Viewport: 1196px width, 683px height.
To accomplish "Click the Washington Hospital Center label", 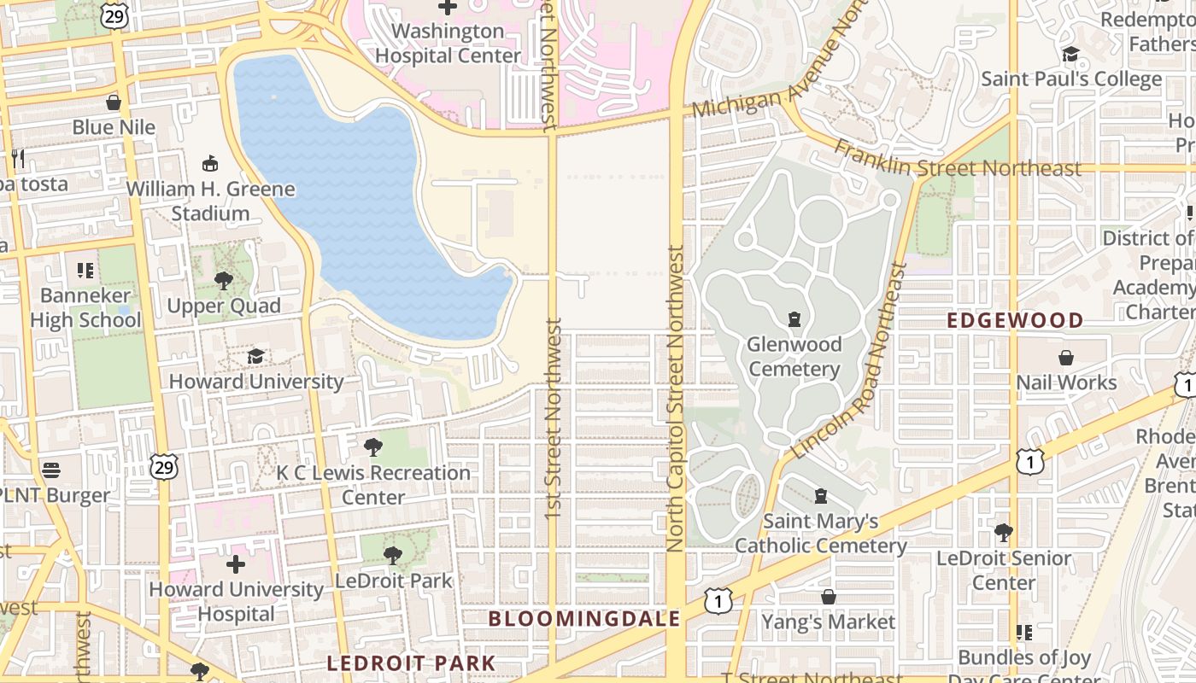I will coord(448,44).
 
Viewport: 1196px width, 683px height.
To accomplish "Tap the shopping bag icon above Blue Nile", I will coord(113,103).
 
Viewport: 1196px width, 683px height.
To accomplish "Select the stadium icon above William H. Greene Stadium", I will coord(209,163).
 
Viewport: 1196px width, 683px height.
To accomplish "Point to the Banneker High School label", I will coord(85,308).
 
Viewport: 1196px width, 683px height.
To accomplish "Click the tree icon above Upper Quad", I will coord(224,280).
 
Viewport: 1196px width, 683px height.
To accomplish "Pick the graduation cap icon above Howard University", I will coord(255,356).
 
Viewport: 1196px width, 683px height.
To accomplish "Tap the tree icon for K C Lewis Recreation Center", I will coord(372,447).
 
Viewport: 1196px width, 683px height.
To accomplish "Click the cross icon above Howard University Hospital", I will coord(236,564).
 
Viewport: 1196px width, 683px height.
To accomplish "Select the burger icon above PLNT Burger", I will coord(51,470).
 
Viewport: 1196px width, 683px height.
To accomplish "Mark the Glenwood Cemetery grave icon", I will coord(794,319).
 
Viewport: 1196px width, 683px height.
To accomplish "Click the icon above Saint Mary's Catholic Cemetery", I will coord(821,495).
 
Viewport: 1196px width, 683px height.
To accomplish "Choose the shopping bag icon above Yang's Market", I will coord(828,597).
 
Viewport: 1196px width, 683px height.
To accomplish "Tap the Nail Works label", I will coord(1066,382).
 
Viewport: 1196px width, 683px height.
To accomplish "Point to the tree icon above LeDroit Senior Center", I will coord(1004,533).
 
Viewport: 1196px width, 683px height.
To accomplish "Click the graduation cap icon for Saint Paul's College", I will coord(1070,55).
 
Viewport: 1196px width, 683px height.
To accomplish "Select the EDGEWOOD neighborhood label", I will coord(1016,321).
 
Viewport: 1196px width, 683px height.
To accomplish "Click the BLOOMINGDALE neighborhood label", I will coord(584,619).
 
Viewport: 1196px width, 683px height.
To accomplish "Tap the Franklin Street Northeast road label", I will coord(958,159).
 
